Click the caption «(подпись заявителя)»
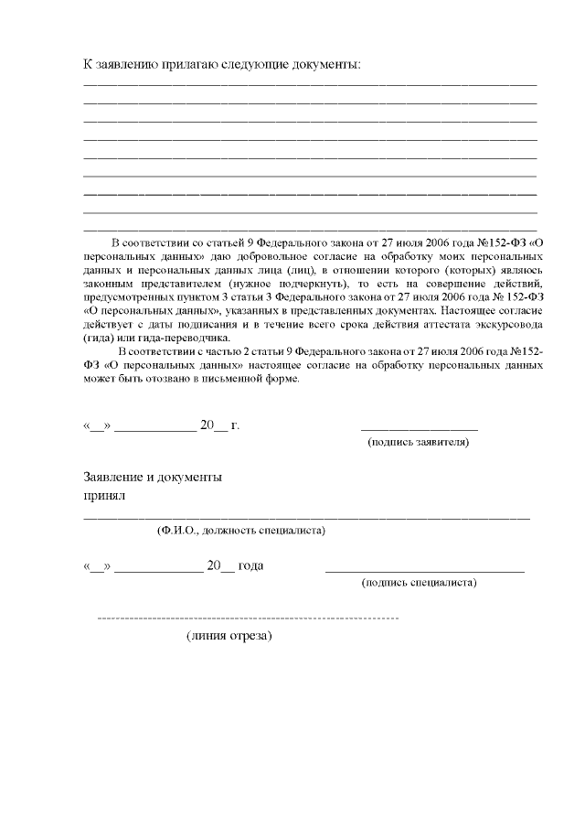419,442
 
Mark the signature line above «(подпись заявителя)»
419,427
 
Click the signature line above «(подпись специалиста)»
424,571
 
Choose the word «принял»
104,496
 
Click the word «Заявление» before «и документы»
112,477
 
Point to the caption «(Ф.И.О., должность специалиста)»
242,530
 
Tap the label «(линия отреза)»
229,635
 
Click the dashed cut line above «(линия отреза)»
248,619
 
